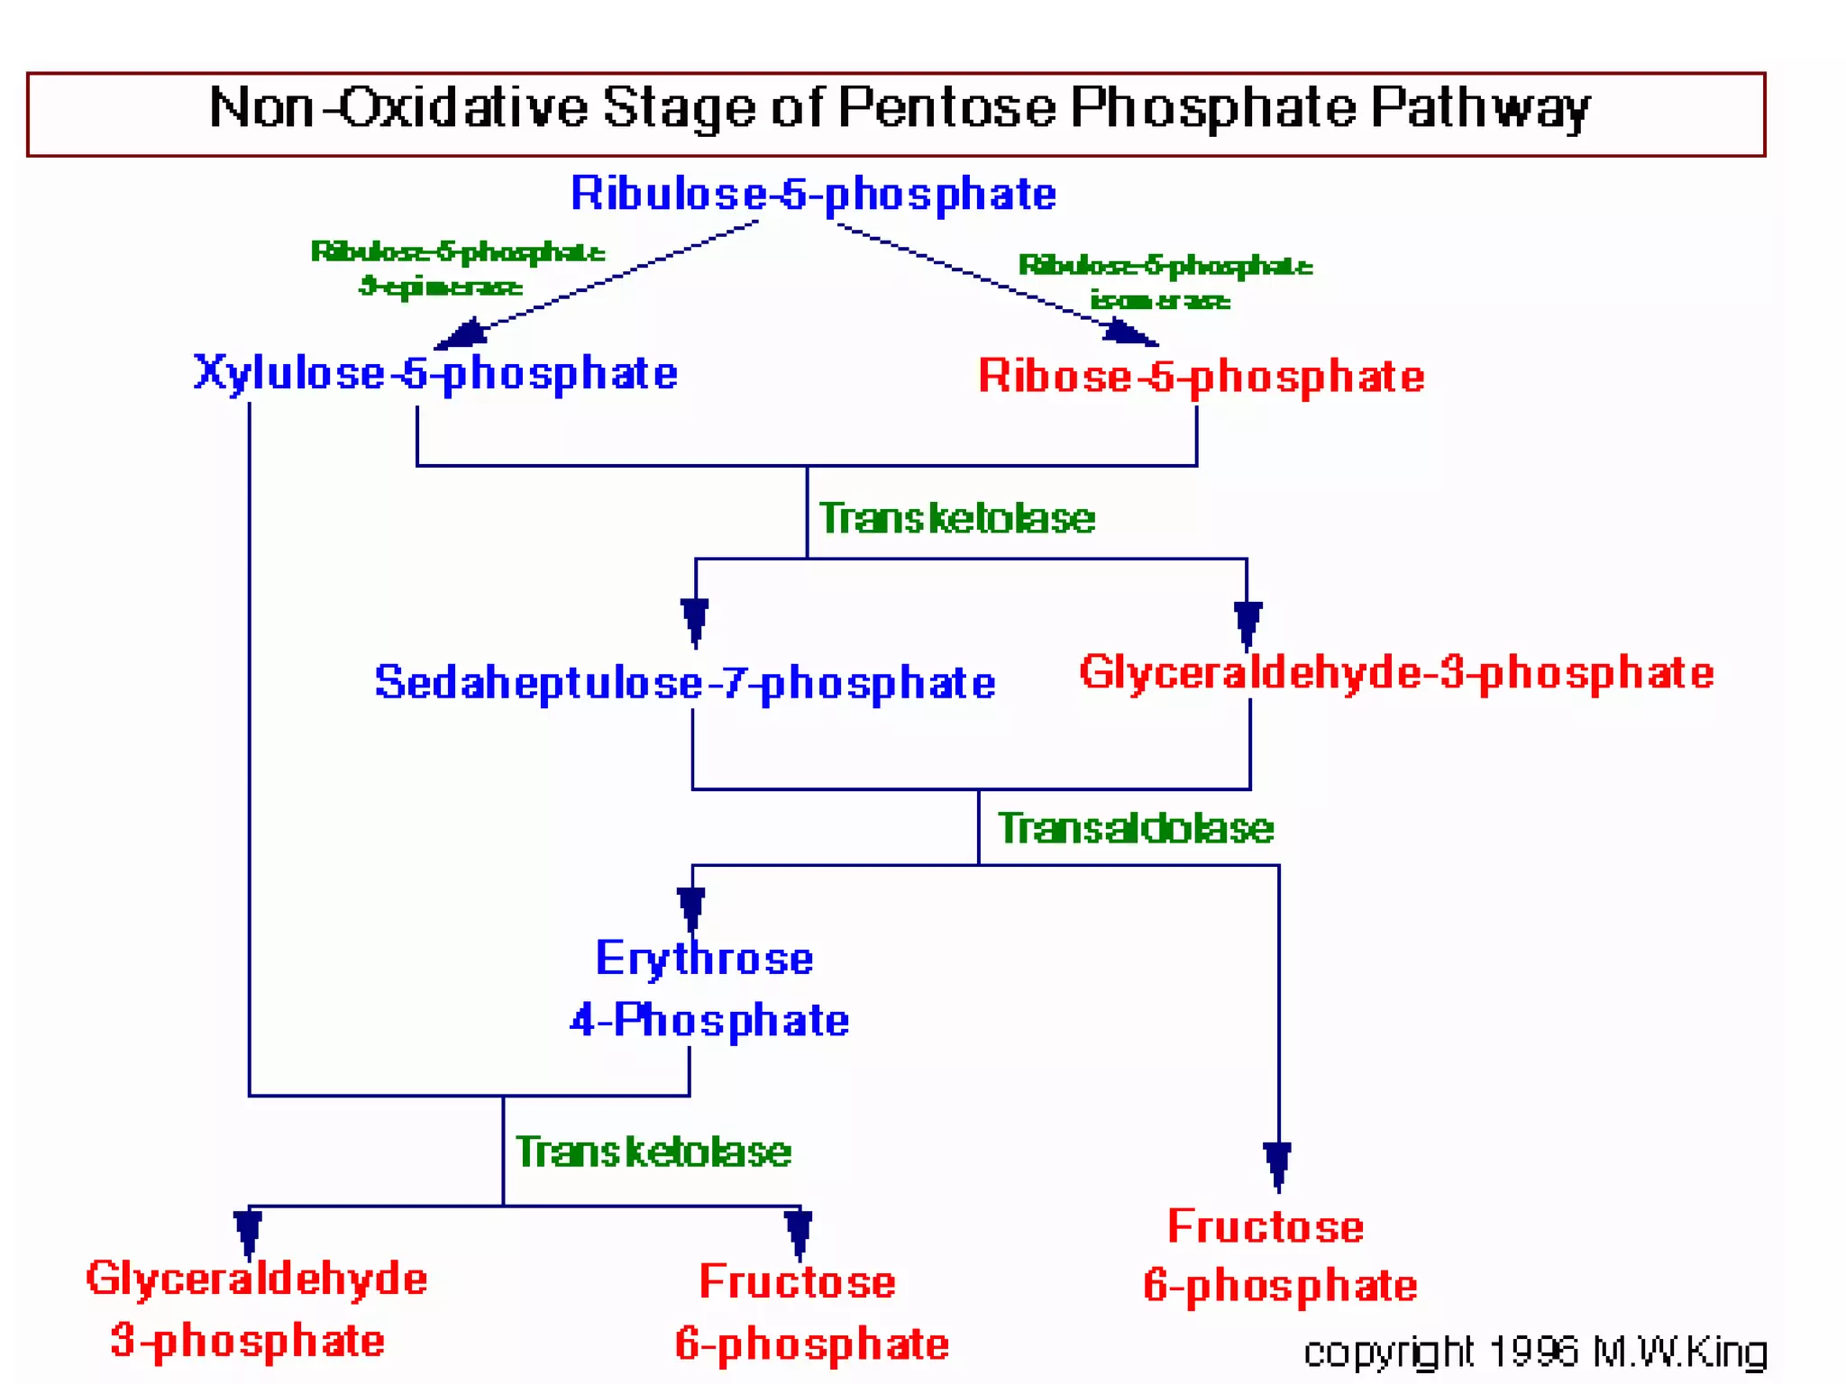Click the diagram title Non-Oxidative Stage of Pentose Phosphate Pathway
click(898, 109)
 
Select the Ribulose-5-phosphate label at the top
click(813, 194)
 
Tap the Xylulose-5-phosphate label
click(435, 373)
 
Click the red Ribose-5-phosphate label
click(1201, 377)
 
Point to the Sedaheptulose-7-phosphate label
click(685, 682)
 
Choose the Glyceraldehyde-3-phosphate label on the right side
click(1396, 673)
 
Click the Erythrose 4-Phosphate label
click(708, 989)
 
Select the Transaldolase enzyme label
click(1135, 828)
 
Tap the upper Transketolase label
click(956, 518)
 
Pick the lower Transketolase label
click(653, 1152)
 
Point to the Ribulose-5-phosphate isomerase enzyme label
click(1164, 282)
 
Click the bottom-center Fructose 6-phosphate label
click(810, 1313)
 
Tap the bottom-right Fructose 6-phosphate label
click(1278, 1256)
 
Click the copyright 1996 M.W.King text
click(1534, 1352)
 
